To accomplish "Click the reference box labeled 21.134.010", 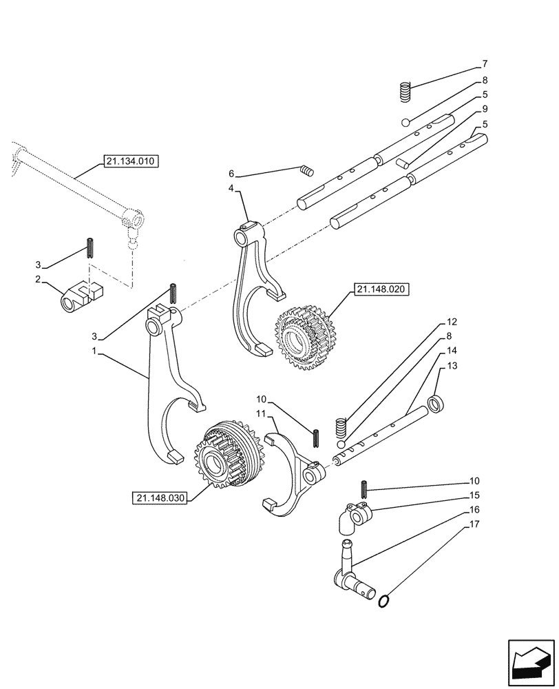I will point(131,162).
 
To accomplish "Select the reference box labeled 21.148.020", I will point(382,290).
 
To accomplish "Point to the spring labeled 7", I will point(406,91).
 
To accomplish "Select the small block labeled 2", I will point(80,297).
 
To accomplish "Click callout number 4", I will point(232,187).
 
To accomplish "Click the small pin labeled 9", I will point(404,164).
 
